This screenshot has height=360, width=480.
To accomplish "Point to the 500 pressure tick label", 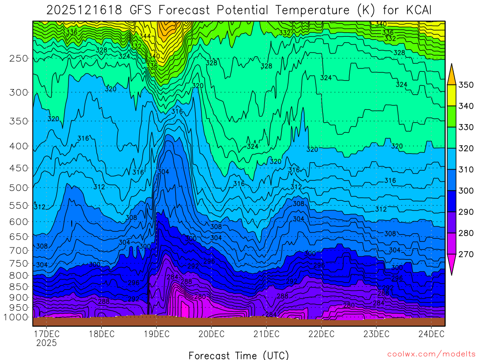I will (x=19, y=187).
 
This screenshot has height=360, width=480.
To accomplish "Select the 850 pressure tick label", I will (x=19, y=286).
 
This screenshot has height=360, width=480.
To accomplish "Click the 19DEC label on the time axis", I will (x=156, y=334).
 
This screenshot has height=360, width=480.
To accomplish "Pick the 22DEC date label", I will (x=321, y=334).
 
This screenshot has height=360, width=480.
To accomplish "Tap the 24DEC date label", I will (x=431, y=334).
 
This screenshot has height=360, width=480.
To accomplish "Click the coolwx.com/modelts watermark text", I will (x=431, y=354).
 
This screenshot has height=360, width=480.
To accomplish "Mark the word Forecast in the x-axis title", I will (x=210, y=355).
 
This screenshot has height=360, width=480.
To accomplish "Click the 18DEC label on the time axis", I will (x=101, y=334).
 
